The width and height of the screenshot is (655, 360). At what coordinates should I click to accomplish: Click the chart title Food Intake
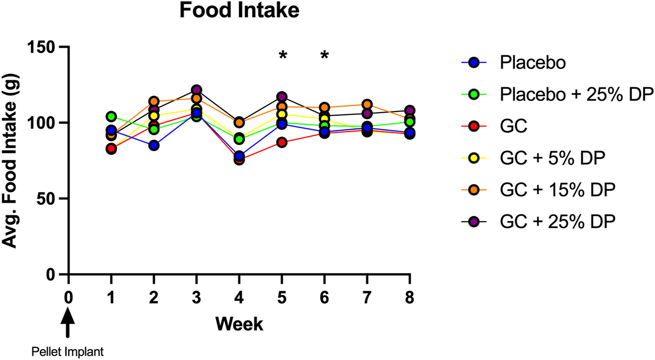(239, 10)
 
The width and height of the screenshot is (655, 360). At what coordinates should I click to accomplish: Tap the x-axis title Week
(239, 323)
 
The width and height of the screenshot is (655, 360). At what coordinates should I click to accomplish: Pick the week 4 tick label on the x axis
(239, 298)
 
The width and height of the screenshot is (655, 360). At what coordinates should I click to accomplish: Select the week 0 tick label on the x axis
(68, 298)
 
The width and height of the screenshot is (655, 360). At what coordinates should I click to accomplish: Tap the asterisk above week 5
(282, 57)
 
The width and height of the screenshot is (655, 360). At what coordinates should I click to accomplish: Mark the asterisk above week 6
(325, 57)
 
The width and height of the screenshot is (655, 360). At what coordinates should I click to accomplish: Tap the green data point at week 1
(111, 116)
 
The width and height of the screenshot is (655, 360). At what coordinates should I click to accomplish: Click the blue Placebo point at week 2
(153, 145)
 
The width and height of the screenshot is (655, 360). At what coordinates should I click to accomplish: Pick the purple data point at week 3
(196, 90)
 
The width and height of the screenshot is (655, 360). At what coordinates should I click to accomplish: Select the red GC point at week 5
(282, 142)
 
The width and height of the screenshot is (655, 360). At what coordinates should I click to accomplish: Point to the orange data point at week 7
(367, 104)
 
